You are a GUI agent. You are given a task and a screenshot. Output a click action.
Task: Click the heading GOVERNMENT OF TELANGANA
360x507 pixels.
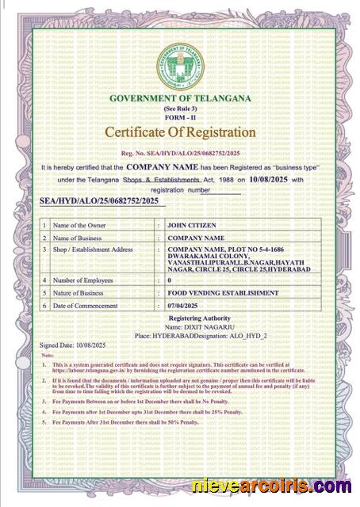coord(180,97)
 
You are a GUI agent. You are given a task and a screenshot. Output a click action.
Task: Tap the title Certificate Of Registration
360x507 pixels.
coord(180,132)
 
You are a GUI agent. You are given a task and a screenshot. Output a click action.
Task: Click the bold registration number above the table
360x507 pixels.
coord(99,203)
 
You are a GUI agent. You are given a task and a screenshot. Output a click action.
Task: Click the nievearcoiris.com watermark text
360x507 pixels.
coord(271,486)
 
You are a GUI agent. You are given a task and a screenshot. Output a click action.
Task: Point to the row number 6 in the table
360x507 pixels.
coord(44,305)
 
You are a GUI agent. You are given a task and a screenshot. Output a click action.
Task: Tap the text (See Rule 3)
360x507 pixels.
coord(180,108)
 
